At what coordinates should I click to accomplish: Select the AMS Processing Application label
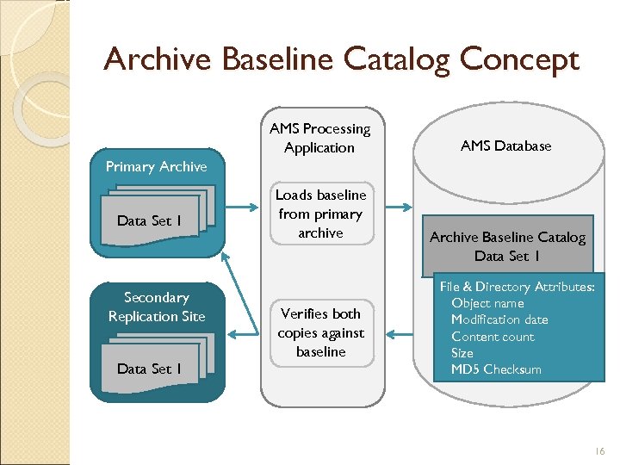(x=319, y=138)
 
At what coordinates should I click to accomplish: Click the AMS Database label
(x=505, y=146)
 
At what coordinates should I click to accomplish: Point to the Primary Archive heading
(x=156, y=166)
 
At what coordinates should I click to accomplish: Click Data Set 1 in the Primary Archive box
(x=149, y=220)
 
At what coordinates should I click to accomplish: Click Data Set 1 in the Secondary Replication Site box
(x=149, y=369)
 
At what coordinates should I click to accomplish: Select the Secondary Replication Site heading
(x=157, y=307)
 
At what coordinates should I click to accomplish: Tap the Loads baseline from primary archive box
(x=320, y=214)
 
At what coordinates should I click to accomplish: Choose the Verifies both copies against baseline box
(x=320, y=332)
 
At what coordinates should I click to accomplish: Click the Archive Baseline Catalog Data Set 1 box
(x=507, y=246)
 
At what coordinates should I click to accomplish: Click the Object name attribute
(x=487, y=303)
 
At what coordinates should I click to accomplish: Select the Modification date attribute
(x=499, y=319)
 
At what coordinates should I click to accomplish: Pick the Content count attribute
(x=493, y=337)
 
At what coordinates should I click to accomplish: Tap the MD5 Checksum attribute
(x=496, y=369)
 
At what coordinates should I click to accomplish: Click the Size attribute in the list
(x=462, y=353)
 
